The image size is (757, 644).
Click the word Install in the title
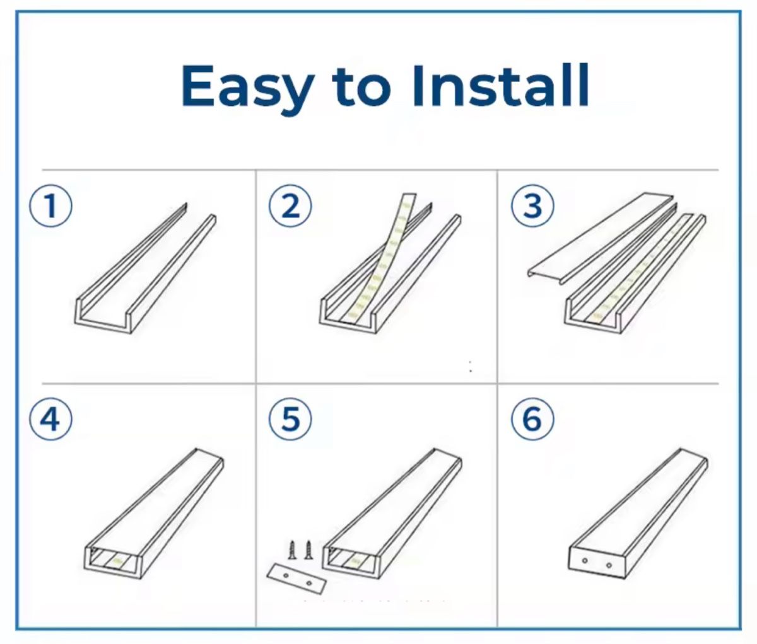point(501,85)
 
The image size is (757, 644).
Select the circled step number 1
point(51,205)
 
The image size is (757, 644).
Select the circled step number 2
point(290,205)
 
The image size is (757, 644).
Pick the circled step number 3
point(532,205)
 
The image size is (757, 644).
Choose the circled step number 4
point(51,419)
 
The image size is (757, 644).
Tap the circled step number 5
point(290,419)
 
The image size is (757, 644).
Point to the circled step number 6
point(532,419)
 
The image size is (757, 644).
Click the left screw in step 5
point(293,550)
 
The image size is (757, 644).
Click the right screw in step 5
point(308,550)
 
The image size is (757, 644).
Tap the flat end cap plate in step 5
point(296,579)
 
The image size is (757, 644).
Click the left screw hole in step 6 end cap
point(585,561)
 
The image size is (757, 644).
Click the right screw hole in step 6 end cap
point(609,565)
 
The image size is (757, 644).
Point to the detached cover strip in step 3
point(600,239)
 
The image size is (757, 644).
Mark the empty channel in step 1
point(145,268)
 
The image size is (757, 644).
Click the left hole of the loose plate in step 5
point(286,577)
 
